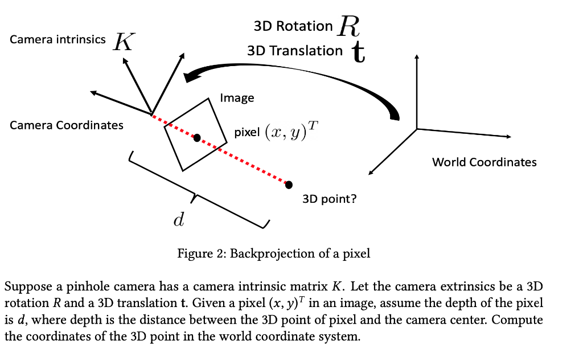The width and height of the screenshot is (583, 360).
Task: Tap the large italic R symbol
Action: (350, 25)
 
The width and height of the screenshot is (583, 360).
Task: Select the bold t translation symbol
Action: (358, 52)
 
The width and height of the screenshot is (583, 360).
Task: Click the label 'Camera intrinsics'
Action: (58, 39)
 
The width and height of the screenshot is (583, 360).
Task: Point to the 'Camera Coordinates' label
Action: (67, 125)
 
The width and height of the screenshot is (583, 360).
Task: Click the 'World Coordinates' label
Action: (484, 162)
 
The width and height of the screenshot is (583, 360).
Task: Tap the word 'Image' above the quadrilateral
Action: (237, 98)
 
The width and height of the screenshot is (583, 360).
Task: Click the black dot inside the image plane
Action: (197, 138)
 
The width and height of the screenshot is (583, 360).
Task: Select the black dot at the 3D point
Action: (289, 185)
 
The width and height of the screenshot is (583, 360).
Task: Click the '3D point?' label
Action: (330, 199)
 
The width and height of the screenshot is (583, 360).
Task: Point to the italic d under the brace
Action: (178, 220)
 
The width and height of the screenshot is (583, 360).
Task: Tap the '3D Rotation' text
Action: (293, 26)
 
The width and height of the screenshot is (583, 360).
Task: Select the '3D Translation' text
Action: (295, 51)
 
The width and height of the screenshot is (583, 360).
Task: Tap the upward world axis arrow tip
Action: (417, 56)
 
